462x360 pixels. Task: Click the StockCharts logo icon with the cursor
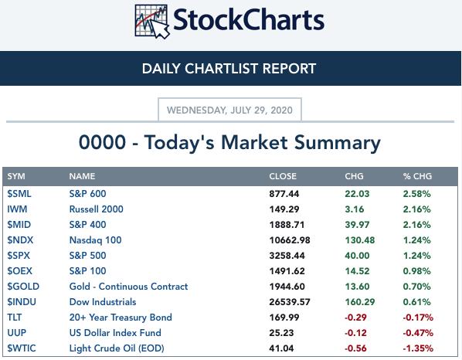coord(152,21)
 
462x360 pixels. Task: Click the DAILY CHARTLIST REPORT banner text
coord(229,68)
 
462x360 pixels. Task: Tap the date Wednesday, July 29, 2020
coord(229,110)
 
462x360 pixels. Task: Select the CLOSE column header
coord(283,176)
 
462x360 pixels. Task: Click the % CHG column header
coord(417,176)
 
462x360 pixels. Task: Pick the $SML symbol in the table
coord(19,194)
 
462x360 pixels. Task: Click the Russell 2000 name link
coord(96,209)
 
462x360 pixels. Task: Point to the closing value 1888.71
coord(287,225)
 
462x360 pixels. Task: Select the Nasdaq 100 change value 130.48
coord(360,240)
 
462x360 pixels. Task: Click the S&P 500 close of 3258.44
coord(287,256)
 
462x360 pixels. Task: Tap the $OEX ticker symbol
coord(20,271)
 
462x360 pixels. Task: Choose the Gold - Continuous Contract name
coord(128,287)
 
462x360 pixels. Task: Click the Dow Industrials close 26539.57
coord(290,302)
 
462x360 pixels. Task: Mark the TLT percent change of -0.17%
coord(418,318)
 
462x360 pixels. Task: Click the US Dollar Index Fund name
coord(115,333)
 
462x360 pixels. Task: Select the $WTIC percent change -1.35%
coord(418,348)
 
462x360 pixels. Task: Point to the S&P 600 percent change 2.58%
coord(417,194)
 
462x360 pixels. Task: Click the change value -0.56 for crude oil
coord(355,348)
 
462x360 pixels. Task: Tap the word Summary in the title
coord(338,143)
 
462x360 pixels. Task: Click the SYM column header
coord(16,176)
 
